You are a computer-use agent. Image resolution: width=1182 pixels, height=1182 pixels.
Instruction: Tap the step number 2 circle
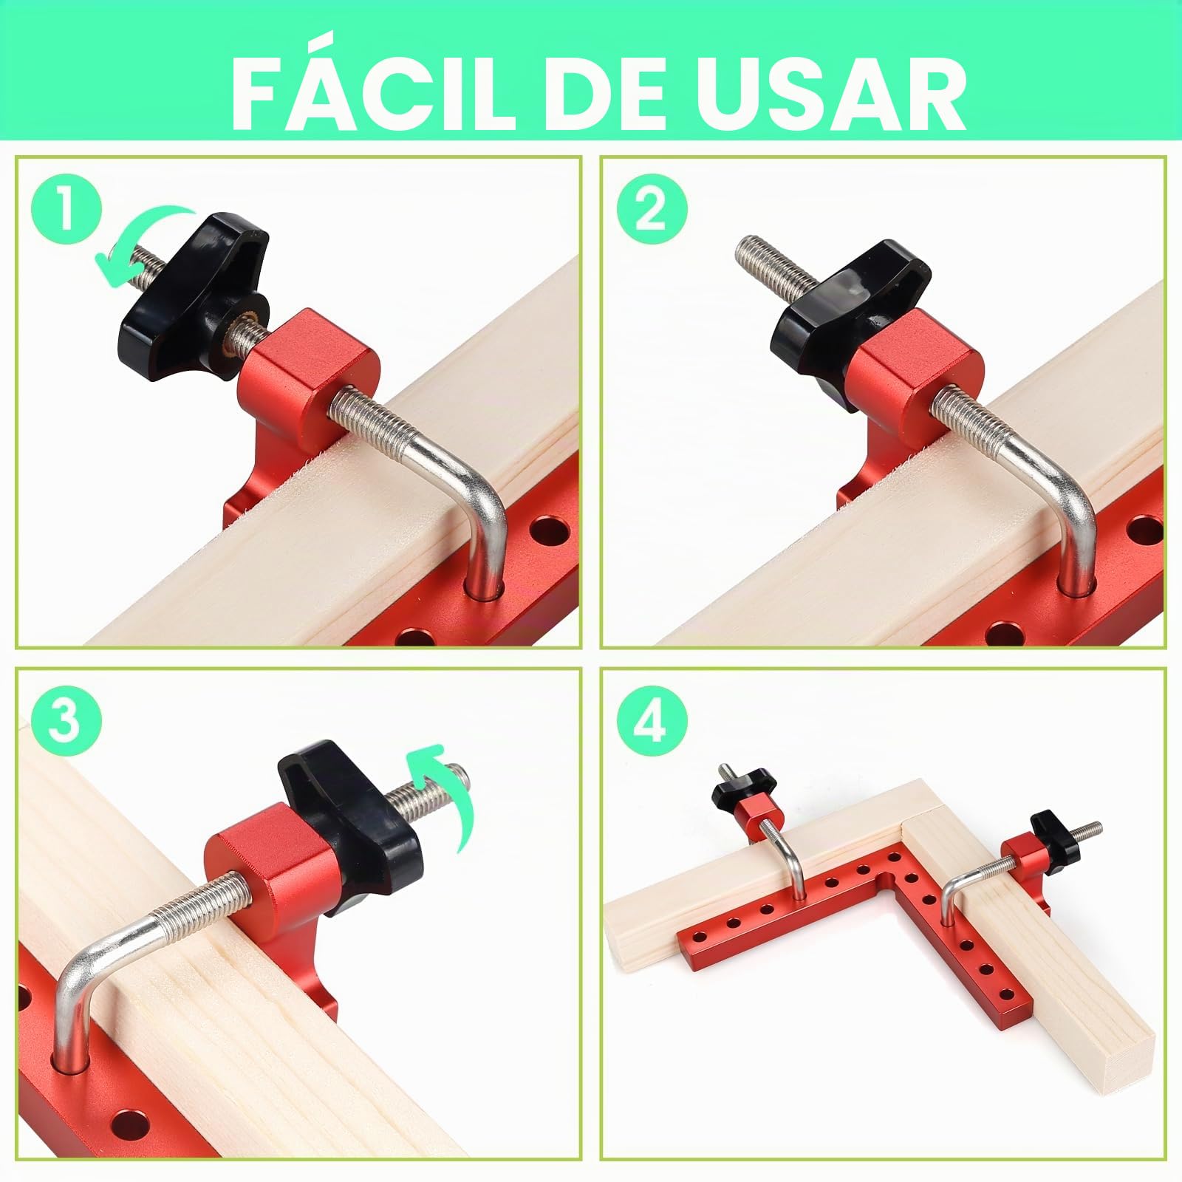651,210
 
